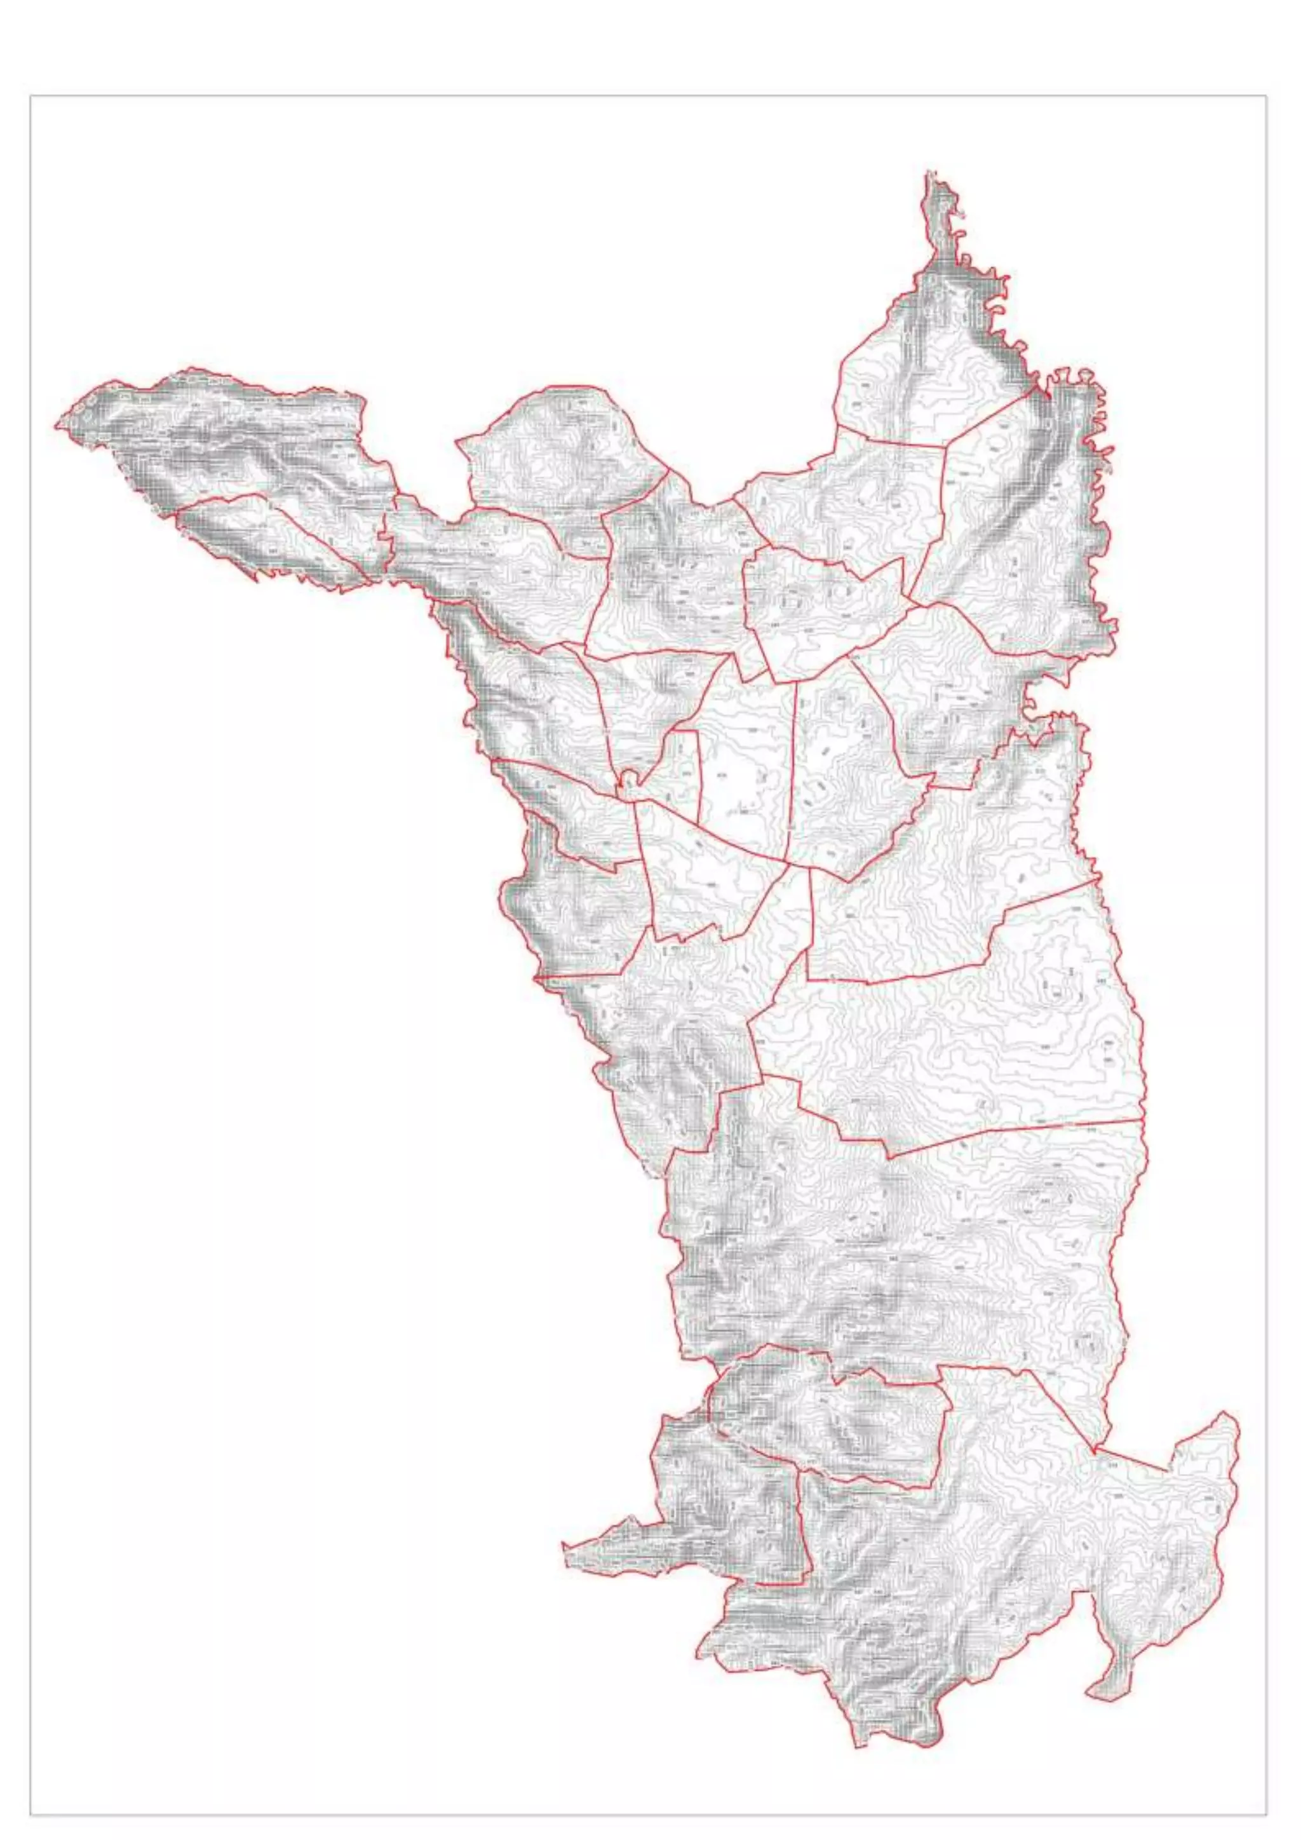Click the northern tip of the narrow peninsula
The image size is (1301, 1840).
(x=930, y=172)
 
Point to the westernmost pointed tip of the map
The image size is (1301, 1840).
(x=56, y=425)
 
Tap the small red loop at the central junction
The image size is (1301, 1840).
(x=630, y=776)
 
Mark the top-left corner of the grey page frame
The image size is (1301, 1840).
(x=30, y=95)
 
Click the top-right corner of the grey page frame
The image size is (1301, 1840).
(x=1267, y=95)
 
